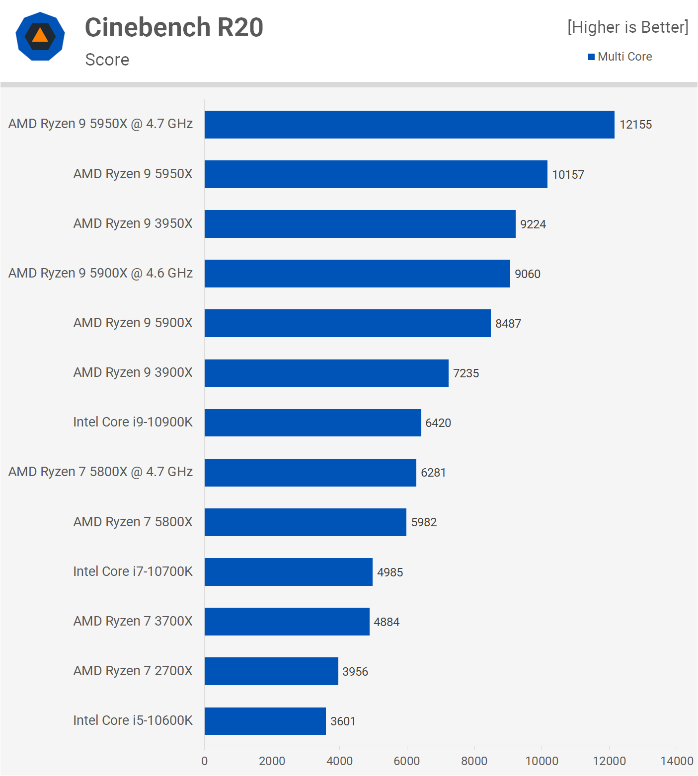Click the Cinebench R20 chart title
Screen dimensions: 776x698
(x=174, y=27)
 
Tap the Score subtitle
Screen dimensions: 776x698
(x=107, y=60)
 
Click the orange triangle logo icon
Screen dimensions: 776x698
(x=40, y=36)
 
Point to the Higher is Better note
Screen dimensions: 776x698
(x=628, y=27)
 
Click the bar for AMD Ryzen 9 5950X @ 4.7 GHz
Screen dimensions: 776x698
(x=409, y=125)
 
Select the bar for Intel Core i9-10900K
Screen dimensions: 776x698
(x=313, y=423)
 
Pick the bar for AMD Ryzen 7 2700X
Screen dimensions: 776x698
(x=271, y=671)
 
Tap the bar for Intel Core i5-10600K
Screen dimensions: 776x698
(x=265, y=721)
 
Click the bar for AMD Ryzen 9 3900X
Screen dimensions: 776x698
(x=326, y=373)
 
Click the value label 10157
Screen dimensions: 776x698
(x=568, y=175)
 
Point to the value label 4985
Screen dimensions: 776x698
(x=390, y=572)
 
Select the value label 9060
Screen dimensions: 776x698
(x=528, y=274)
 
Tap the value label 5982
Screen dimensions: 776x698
(x=424, y=522)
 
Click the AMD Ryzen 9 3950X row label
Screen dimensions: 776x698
(x=133, y=223)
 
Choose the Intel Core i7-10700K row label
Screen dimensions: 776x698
(x=133, y=571)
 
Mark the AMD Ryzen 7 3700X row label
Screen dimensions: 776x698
(x=133, y=621)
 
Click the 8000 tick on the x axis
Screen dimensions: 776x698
(x=474, y=761)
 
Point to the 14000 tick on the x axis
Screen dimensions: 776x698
(x=677, y=761)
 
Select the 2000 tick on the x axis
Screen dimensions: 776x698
(x=272, y=761)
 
